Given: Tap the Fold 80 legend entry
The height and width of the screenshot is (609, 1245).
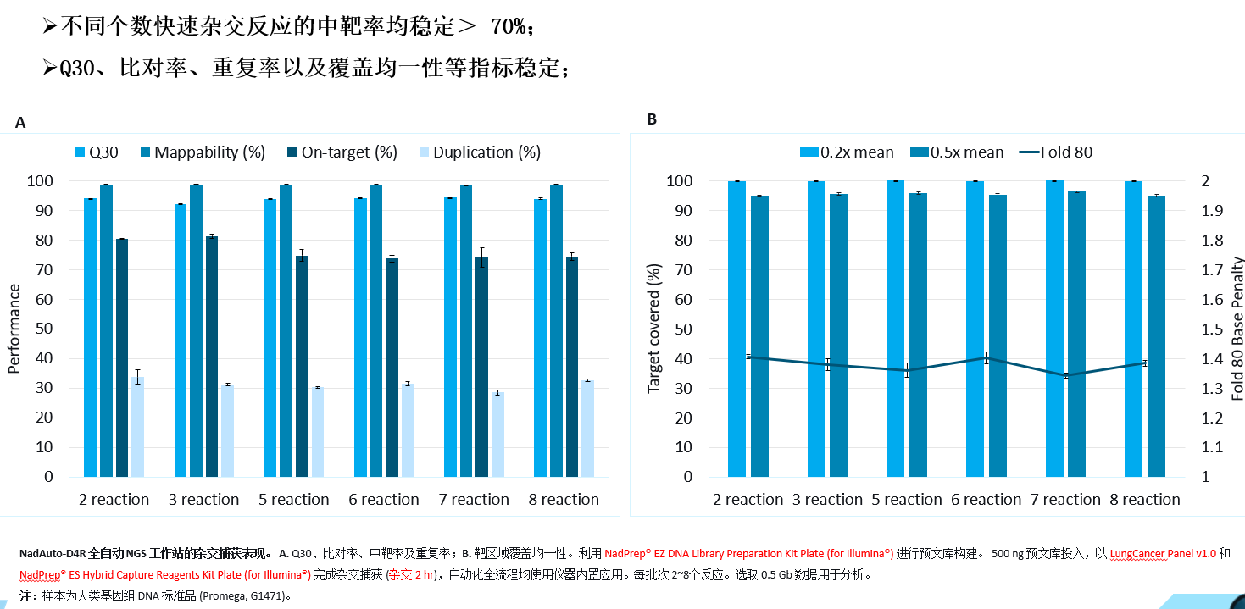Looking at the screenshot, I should point(1055,152).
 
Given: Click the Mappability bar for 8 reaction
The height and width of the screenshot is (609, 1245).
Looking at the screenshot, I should point(556,330).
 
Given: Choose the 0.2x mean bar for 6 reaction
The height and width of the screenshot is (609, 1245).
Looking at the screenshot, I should point(975,329).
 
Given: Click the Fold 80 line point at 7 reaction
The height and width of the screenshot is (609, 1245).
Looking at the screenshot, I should point(1065,375).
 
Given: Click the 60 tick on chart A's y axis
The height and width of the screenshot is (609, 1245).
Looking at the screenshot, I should point(65,300).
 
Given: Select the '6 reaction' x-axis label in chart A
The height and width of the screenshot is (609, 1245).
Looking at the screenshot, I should point(384,500).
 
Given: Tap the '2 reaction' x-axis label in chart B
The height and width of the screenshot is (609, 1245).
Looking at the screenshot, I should point(748,500).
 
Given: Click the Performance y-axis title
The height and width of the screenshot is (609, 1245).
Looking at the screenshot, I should point(14,329).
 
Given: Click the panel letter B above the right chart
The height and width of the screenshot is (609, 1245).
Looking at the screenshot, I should point(652,119).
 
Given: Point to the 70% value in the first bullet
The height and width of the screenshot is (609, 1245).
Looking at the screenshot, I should point(509,27).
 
